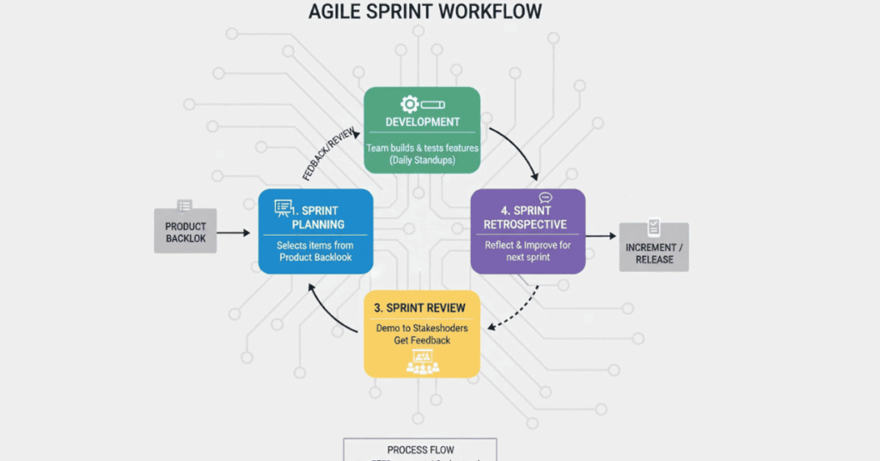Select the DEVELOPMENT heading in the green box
[422, 122]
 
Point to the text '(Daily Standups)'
[422, 161]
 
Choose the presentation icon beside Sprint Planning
[284, 207]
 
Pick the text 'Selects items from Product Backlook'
[315, 252]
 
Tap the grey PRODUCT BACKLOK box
[186, 231]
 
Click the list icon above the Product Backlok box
[185, 206]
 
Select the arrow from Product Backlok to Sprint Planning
[238, 232]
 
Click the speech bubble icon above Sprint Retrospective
[545, 198]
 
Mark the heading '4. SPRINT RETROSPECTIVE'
[525, 218]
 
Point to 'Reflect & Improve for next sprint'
[527, 252]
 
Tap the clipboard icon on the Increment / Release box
[654, 228]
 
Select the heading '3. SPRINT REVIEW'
[420, 308]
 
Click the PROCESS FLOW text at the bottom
[420, 450]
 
